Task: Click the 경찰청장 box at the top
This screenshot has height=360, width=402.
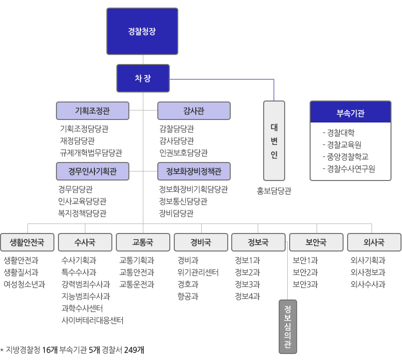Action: click(x=142, y=31)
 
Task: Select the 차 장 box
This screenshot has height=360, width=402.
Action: click(x=143, y=78)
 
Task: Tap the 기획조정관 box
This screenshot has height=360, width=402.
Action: click(x=93, y=110)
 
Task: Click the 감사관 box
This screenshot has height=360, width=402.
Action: click(x=194, y=110)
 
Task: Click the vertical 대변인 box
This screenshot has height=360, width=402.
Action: click(x=274, y=140)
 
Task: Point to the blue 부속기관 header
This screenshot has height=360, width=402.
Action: click(x=350, y=112)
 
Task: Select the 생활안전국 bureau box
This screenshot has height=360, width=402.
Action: click(x=27, y=242)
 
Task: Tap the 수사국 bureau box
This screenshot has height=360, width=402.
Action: click(x=85, y=242)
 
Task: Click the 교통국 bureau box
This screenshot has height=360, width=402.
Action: click(x=143, y=242)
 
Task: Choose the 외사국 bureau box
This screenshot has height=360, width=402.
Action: click(x=374, y=242)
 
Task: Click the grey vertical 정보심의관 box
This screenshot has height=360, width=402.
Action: click(x=288, y=326)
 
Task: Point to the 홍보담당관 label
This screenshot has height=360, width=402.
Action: click(x=274, y=190)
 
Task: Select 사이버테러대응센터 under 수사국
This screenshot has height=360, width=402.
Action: click(x=92, y=320)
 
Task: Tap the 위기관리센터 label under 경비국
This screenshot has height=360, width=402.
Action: click(x=198, y=272)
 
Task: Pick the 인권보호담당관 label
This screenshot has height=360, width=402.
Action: click(x=183, y=152)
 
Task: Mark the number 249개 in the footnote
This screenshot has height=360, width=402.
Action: click(x=134, y=349)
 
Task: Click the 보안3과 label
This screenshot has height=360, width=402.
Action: click(x=305, y=284)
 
